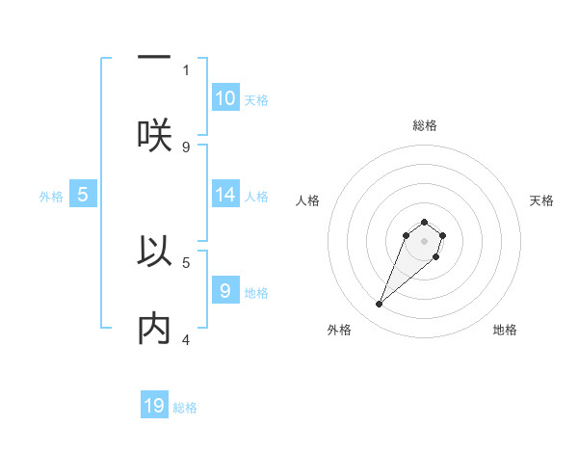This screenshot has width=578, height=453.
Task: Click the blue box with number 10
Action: (225, 98)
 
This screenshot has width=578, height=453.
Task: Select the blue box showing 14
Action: (225, 195)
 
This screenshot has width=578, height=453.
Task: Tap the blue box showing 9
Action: (225, 290)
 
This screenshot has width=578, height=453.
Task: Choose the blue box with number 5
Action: (83, 195)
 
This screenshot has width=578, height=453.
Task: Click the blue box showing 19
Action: (154, 406)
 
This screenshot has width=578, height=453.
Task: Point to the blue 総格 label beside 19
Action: (185, 408)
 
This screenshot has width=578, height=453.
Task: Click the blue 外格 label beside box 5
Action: (51, 197)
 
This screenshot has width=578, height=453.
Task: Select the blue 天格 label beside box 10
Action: (256, 100)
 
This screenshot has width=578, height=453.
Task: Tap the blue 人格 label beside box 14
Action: (256, 197)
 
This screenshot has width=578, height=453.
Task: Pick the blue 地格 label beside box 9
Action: (256, 292)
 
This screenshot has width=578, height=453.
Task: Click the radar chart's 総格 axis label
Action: (425, 125)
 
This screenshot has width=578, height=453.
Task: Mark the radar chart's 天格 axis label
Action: (541, 200)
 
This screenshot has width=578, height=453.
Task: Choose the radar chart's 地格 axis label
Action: (505, 330)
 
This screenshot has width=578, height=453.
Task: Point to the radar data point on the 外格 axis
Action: (380, 305)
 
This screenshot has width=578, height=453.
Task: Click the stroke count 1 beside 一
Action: (186, 69)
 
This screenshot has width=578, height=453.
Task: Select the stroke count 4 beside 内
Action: (186, 339)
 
